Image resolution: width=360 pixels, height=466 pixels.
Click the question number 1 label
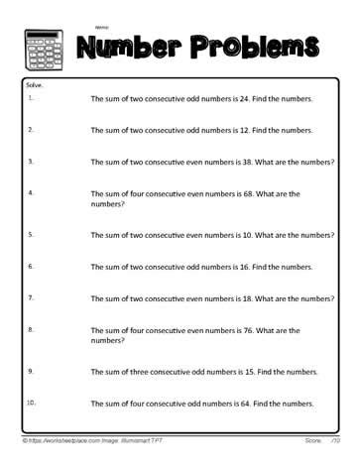point(31,97)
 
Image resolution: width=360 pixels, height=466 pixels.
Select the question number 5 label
point(31,234)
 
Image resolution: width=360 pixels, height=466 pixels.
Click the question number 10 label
point(32,402)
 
